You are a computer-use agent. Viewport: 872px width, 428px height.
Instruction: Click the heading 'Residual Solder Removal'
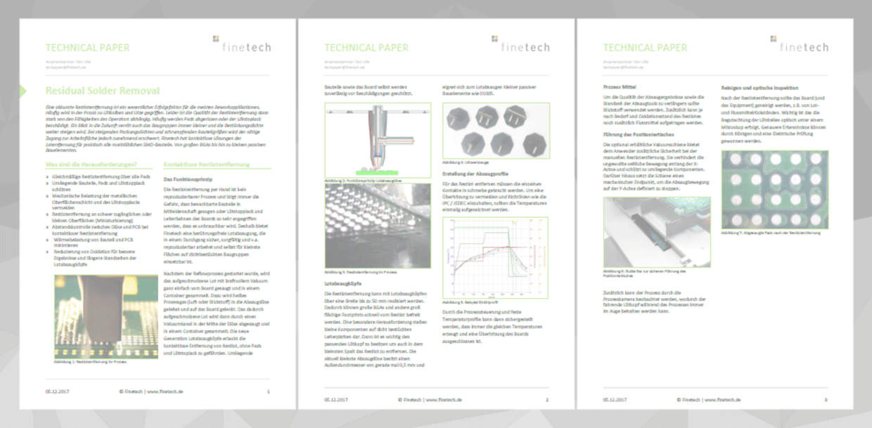(x=103, y=91)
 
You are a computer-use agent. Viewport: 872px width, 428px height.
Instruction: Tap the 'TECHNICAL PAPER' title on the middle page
(x=366, y=48)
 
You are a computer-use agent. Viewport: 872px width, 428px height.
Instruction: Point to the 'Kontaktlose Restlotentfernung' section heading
(x=206, y=164)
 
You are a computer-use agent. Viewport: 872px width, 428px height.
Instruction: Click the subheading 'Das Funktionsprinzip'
(x=188, y=179)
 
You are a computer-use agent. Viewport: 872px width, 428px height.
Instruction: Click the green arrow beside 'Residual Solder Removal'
(x=23, y=91)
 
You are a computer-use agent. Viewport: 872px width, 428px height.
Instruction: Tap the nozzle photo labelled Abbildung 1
(x=105, y=317)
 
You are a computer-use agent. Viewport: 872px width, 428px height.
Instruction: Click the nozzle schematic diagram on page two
(x=378, y=140)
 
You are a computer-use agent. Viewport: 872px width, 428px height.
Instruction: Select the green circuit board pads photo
(x=774, y=199)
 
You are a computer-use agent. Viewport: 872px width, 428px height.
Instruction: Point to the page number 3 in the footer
(x=826, y=398)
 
